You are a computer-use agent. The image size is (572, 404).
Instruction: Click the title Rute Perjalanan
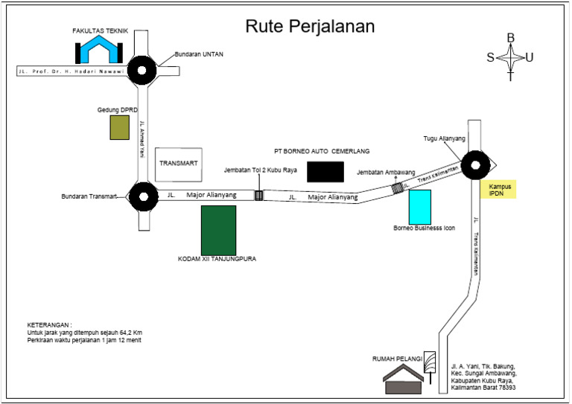[311, 26]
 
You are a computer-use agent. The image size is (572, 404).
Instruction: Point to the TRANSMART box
[178, 164]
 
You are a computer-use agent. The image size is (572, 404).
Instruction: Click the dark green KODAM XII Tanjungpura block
[218, 230]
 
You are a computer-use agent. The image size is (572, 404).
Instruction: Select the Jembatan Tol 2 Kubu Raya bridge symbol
[259, 196]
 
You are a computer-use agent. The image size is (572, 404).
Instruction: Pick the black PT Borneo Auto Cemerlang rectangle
[325, 172]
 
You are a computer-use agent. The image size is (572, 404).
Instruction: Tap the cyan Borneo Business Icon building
[420, 204]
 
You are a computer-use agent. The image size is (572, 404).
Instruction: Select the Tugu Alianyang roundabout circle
[474, 166]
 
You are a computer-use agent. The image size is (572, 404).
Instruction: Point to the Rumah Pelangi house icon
[403, 381]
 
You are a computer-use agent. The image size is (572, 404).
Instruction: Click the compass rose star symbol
[510, 57]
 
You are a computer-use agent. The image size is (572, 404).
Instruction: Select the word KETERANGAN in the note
[50, 326]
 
